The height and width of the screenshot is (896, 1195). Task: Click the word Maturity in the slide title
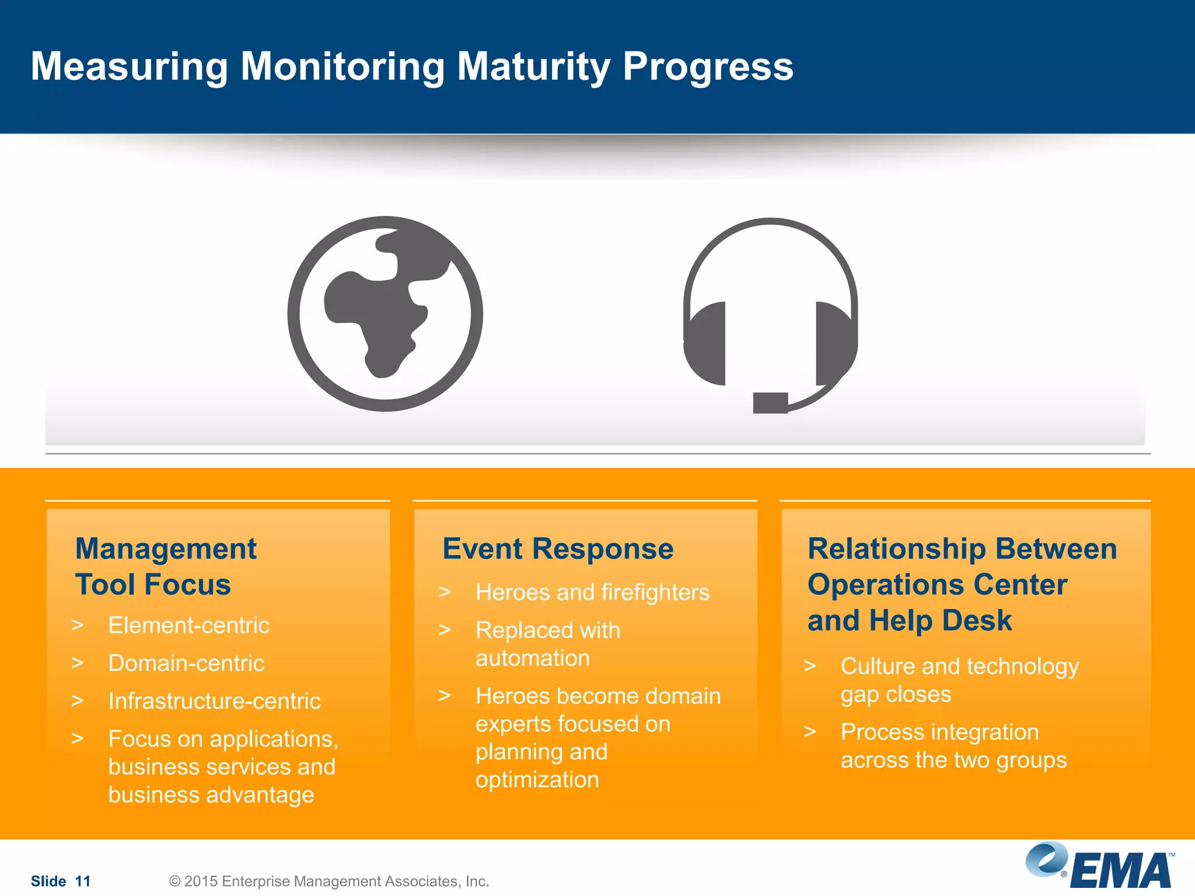click(533, 66)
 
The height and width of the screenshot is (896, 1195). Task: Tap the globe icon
click(385, 314)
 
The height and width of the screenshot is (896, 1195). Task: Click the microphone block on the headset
click(770, 402)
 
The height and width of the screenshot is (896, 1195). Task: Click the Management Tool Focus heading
click(166, 566)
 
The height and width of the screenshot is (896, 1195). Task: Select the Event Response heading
click(558, 549)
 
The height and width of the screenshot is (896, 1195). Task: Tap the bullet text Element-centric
click(189, 625)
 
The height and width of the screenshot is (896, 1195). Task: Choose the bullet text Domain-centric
click(186, 663)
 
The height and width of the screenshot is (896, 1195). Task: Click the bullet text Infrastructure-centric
click(214, 701)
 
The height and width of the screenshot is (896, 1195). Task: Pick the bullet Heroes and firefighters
click(592, 593)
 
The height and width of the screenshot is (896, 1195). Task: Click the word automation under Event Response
click(533, 659)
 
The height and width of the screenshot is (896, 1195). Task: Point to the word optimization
click(537, 780)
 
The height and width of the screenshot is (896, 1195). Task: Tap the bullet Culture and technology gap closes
click(959, 680)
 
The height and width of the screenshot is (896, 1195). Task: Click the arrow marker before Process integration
click(810, 731)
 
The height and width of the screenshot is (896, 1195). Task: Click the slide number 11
click(83, 881)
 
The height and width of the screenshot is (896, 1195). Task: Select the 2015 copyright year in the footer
click(201, 881)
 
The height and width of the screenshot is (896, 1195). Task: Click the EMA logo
click(1099, 867)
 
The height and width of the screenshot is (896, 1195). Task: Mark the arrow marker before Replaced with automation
click(445, 630)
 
